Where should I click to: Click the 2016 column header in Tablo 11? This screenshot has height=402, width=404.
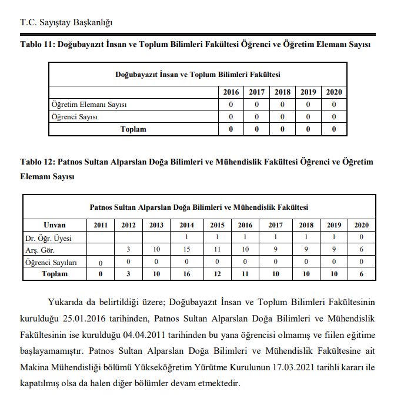point(231,92)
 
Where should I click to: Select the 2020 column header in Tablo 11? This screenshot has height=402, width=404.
point(333,92)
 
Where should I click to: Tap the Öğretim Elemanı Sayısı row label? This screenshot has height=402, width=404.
point(89,105)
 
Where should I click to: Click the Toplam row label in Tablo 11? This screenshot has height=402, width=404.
point(133,129)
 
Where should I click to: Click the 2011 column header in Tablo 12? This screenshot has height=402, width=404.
point(101,225)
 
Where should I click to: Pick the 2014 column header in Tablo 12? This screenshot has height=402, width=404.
point(186,225)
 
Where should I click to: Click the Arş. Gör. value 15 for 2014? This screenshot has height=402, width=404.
point(186,250)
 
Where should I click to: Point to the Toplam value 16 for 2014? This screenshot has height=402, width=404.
point(186,274)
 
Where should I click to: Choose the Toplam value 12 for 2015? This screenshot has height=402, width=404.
point(217,274)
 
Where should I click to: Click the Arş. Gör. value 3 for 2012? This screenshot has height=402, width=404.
point(128,250)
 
